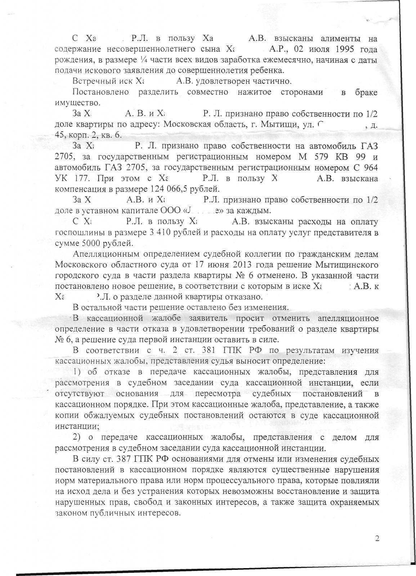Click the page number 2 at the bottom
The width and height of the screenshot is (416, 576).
pyautogui.click(x=377, y=539)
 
